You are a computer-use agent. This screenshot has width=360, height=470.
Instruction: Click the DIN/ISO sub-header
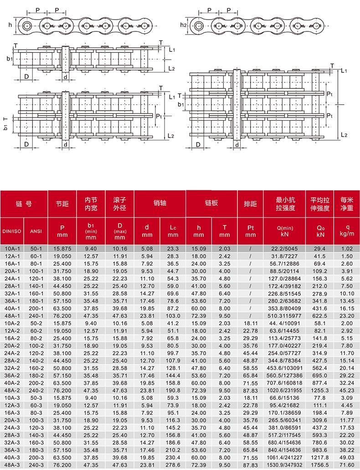[x=12, y=231]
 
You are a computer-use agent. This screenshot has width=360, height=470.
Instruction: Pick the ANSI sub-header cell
[x=36, y=231]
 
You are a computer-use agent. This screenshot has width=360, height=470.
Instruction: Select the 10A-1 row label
[x=12, y=249]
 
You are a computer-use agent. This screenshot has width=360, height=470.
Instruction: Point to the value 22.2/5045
[x=284, y=249]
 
